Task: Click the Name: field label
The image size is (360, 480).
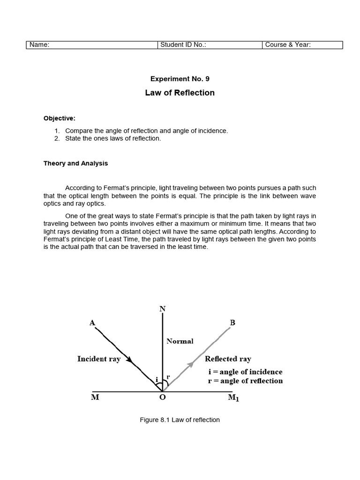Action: pos(39,45)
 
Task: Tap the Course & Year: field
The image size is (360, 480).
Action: pos(288,45)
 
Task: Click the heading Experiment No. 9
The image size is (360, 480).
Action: pos(180,79)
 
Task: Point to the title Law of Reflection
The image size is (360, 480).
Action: pos(180,93)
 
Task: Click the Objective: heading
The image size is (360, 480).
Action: pos(59,118)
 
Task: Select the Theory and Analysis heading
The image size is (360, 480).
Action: pos(75,164)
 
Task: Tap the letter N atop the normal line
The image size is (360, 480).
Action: pos(162,309)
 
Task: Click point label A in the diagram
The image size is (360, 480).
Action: pos(92,322)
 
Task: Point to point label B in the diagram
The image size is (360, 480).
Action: pos(232,322)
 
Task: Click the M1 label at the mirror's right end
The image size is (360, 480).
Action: pos(233,399)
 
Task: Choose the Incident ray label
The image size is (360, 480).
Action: pos(99,359)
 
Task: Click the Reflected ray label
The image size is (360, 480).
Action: pos(228,359)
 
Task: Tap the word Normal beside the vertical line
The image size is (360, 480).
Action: pos(180,341)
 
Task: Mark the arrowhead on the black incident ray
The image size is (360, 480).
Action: pos(130,360)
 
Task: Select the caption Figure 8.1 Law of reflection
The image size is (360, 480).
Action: pos(180,420)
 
